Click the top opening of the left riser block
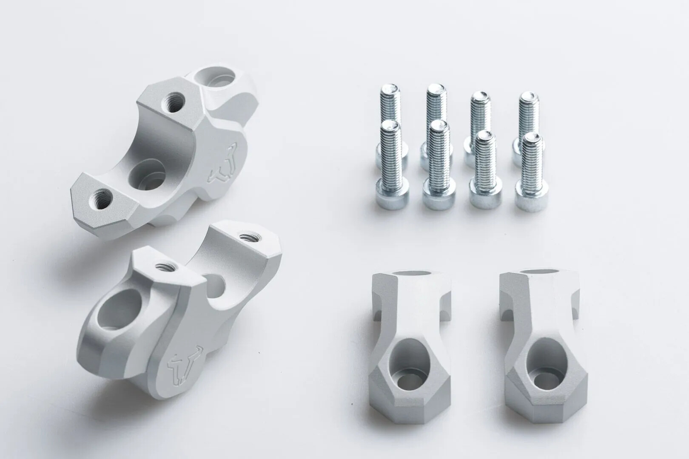pyautogui.click(x=411, y=275)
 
